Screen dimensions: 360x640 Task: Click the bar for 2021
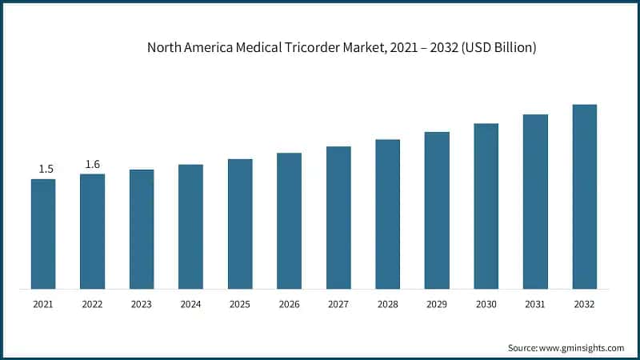(x=43, y=234)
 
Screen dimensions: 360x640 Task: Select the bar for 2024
(x=190, y=226)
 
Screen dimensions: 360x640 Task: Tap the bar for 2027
(x=338, y=217)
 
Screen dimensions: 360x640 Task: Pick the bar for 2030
(x=486, y=206)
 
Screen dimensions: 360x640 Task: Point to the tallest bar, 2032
(x=584, y=196)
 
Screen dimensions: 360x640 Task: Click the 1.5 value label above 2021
(x=46, y=169)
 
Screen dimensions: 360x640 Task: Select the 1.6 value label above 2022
(x=93, y=164)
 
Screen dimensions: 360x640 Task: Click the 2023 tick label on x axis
(x=142, y=305)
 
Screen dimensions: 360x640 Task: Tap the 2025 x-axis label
(x=240, y=305)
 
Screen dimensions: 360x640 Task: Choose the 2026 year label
(x=289, y=305)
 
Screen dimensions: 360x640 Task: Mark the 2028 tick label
(x=387, y=305)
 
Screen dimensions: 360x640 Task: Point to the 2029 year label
(x=437, y=305)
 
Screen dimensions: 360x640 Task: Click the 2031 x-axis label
(x=535, y=305)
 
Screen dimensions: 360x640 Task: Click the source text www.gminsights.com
(x=582, y=348)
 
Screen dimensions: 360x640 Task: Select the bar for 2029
(x=437, y=210)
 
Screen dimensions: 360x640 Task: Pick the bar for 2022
(x=93, y=231)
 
